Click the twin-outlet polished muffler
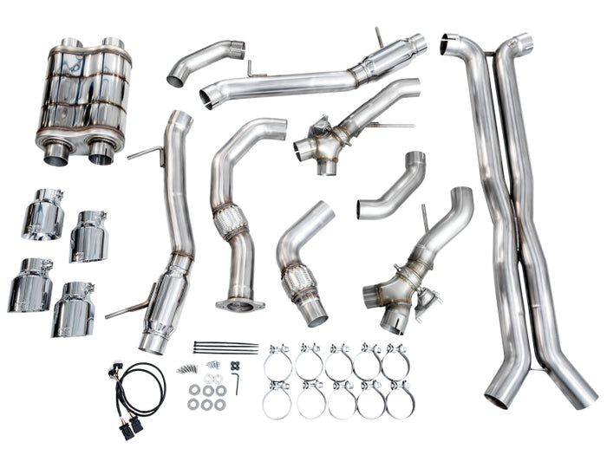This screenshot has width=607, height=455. click(84, 98)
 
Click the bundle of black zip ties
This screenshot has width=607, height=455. click(225, 348)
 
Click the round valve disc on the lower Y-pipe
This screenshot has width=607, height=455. click(427, 304)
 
